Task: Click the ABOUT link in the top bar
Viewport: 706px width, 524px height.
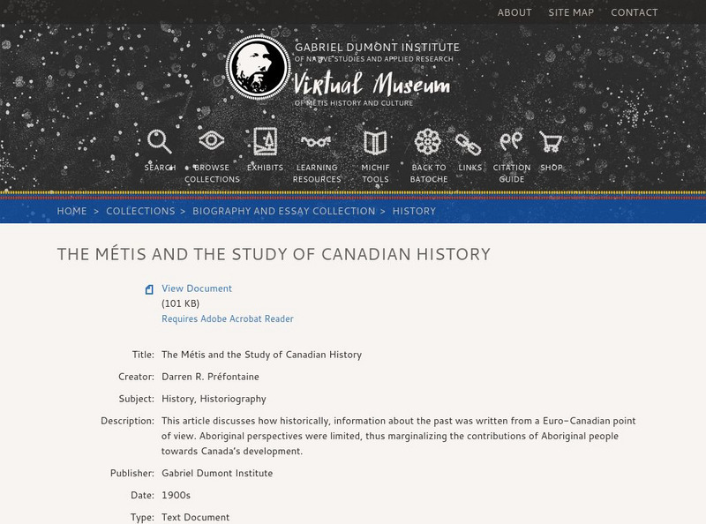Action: pyautogui.click(x=514, y=12)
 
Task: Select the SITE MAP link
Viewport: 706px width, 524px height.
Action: pyautogui.click(x=571, y=12)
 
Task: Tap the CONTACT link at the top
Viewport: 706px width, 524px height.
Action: pyautogui.click(x=635, y=12)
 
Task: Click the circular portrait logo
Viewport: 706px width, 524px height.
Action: pyautogui.click(x=258, y=67)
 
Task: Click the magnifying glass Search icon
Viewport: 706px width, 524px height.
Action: pyautogui.click(x=160, y=141)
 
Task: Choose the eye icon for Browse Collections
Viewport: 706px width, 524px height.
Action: pyautogui.click(x=212, y=141)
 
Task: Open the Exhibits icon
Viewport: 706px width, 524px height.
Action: pyautogui.click(x=265, y=141)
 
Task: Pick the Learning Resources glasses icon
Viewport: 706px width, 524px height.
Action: pyautogui.click(x=316, y=141)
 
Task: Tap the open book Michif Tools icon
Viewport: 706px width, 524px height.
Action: pyautogui.click(x=375, y=142)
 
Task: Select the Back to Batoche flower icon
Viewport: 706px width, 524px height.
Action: pyautogui.click(x=428, y=141)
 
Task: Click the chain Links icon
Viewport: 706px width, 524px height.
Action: pyautogui.click(x=469, y=142)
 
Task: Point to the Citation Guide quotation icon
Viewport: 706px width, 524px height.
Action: pyautogui.click(x=511, y=141)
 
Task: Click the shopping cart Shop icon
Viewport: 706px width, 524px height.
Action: pyautogui.click(x=551, y=141)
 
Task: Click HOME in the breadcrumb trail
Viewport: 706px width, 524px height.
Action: pyautogui.click(x=72, y=212)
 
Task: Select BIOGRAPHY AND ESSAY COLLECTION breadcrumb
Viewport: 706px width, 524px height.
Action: pyautogui.click(x=283, y=212)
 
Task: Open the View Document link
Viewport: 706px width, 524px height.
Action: pyautogui.click(x=197, y=288)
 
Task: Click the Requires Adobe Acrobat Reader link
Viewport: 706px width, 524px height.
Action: pyautogui.click(x=228, y=319)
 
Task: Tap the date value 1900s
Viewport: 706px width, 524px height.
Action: pyautogui.click(x=176, y=496)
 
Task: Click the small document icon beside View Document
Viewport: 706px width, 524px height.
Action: pyautogui.click(x=149, y=289)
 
